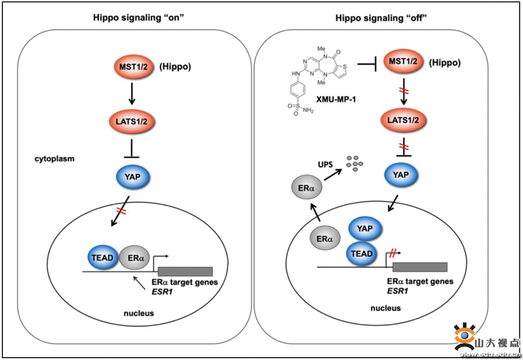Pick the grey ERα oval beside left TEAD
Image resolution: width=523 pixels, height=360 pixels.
pos(135,257)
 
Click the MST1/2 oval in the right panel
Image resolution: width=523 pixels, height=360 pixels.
pos(404,63)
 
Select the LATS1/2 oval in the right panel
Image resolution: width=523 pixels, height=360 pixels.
pos(404,120)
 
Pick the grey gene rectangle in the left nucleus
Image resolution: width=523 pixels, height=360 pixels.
pos(185,271)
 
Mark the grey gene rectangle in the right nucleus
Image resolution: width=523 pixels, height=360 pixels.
pos(420,267)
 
